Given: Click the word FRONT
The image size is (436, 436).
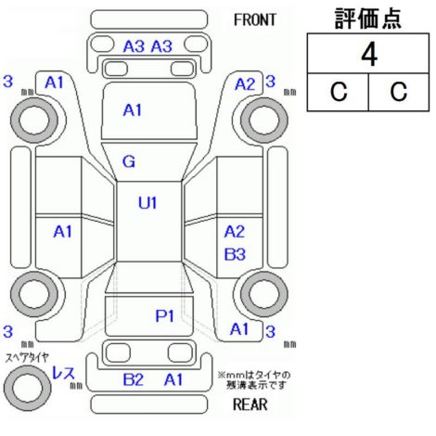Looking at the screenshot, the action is tap(254, 20).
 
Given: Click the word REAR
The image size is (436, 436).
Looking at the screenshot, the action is tap(250, 404).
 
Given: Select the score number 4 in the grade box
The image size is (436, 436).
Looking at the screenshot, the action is tap(369, 55).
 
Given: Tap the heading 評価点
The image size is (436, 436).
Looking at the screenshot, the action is tap(368, 19).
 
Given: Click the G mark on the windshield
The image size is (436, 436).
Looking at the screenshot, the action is tap(129, 161).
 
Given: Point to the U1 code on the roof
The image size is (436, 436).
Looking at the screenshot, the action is tap(147, 203).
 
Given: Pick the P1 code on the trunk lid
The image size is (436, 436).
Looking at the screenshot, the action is tap(164, 315).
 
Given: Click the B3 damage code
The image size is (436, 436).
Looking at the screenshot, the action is tap(235, 254).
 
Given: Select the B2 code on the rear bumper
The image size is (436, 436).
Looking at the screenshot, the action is tap(134, 379).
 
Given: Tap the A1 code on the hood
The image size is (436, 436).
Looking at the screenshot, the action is tap(133, 110).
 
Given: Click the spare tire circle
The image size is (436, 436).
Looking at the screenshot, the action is tap(28, 388).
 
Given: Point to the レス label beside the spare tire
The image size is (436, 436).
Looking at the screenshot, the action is tap(63, 373).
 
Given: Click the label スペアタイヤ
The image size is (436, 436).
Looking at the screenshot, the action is tap(27, 358).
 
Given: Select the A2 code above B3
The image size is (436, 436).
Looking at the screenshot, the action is tap(235, 231).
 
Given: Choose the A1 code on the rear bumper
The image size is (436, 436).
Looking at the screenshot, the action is tap(173, 379).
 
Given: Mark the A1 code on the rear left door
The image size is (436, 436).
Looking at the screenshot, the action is tap(62, 231).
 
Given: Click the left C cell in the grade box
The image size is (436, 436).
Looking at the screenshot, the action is tap(339, 92).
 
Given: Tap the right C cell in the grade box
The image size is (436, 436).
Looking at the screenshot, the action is tap(399, 92).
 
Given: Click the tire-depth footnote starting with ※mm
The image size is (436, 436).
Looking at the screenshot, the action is tap(254, 380).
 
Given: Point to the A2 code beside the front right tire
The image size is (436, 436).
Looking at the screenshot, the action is tap(245, 84).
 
